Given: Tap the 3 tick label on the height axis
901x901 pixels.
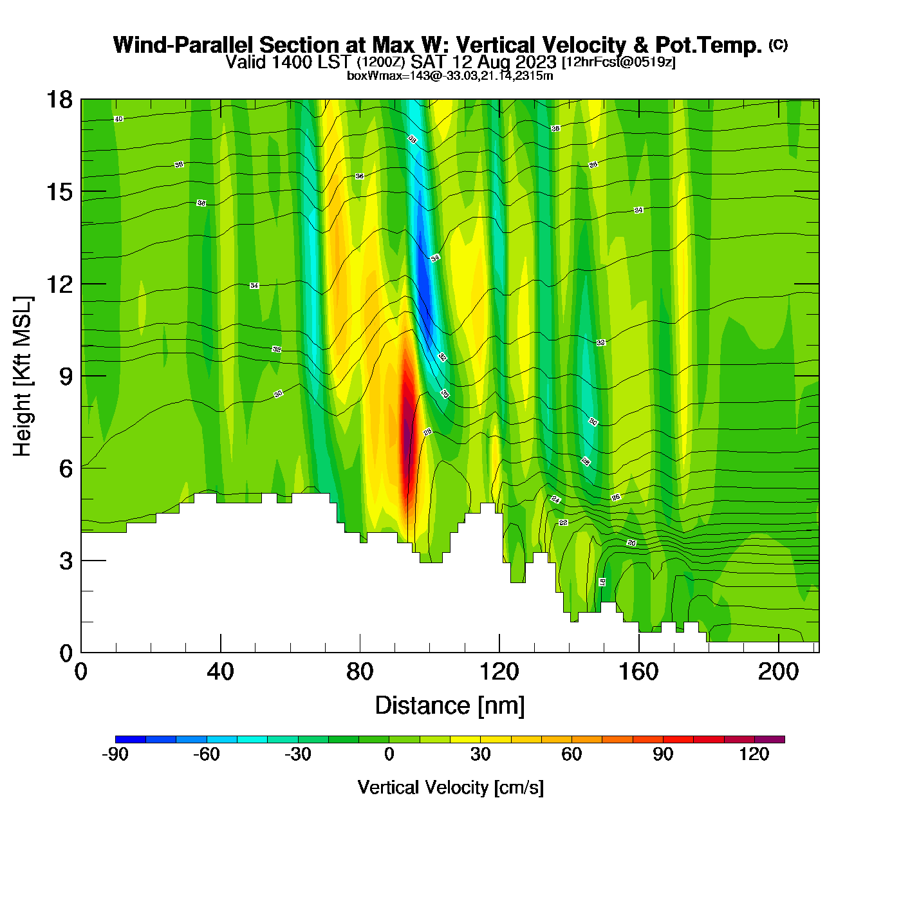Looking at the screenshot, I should [66, 561].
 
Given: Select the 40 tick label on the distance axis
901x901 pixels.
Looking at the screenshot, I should [220, 673].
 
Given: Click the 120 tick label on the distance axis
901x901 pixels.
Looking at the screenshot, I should [499, 673].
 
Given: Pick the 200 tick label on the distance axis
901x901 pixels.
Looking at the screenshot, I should [778, 673].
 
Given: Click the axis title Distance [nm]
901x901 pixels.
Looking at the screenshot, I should [450, 706].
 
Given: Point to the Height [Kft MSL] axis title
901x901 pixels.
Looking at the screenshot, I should [23, 376].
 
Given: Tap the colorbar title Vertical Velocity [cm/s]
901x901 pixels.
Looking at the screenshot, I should [450, 788].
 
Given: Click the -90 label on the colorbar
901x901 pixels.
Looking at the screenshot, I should [115, 754].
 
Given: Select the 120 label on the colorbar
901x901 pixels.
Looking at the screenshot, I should [754, 754].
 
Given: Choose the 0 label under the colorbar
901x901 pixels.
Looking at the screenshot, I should [389, 754].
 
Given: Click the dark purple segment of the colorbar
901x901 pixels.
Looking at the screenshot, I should [770, 739].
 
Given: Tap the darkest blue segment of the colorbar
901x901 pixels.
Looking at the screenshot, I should [131, 739].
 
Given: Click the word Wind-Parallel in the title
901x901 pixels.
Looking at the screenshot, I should [185, 45].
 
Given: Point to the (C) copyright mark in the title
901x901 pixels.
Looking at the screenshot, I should [778, 44].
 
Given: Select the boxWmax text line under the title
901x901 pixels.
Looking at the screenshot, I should [450, 76].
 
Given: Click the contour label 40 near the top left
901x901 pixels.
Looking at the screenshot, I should [118, 119].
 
